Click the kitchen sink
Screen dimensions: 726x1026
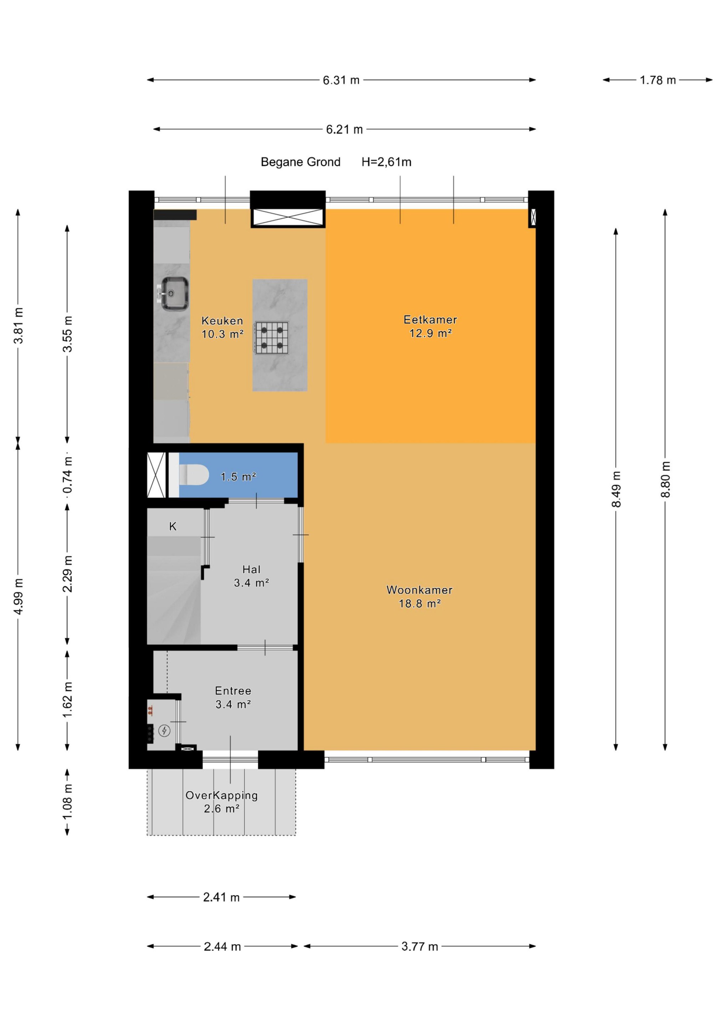point(174,294)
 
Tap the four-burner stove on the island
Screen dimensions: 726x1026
point(272,338)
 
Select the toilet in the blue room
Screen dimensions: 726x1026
point(194,475)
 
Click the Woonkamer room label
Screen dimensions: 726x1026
point(420,590)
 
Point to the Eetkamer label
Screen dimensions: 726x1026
point(430,320)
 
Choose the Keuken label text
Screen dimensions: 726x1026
point(222,320)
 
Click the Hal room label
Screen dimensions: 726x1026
point(251,569)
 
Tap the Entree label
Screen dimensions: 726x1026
point(233,691)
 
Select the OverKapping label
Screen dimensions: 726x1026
point(222,796)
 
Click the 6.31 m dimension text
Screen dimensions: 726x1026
point(341,81)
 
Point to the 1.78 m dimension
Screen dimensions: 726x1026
point(658,81)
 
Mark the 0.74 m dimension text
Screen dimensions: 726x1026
point(67,475)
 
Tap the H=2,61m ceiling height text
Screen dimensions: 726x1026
point(387,162)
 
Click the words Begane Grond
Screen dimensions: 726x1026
point(301,162)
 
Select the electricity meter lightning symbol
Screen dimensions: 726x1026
point(165,731)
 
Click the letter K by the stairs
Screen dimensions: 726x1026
point(173,527)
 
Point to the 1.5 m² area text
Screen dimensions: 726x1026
point(238,477)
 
